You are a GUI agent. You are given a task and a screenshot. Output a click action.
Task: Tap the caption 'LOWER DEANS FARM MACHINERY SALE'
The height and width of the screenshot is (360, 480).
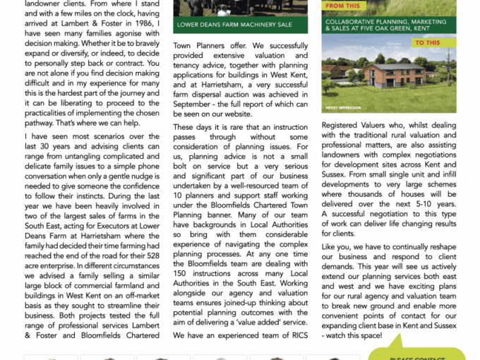click(x=235, y=25)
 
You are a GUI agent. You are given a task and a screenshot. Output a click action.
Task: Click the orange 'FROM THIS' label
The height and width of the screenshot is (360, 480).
click(x=343, y=6)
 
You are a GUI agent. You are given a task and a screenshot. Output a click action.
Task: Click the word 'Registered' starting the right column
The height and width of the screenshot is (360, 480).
click(x=345, y=125)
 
